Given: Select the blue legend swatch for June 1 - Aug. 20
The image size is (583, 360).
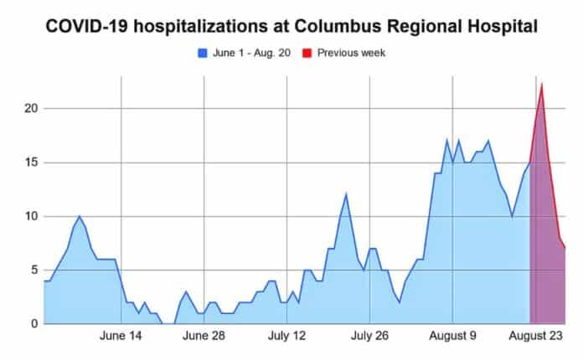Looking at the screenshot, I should click(x=202, y=53).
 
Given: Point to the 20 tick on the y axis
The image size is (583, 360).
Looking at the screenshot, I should click(x=30, y=108).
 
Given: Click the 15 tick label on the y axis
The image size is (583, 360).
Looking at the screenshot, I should click(x=30, y=162).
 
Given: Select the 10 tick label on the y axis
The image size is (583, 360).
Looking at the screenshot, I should click(x=30, y=216).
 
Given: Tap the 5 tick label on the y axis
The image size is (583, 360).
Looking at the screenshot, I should click(x=34, y=270).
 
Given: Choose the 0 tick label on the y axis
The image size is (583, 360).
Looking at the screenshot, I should click(x=34, y=323).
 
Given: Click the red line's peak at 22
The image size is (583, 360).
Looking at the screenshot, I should click(x=542, y=84).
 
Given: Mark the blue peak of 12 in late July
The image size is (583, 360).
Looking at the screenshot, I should click(x=346, y=194).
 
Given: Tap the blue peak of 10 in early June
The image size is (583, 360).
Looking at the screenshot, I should click(x=80, y=216).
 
